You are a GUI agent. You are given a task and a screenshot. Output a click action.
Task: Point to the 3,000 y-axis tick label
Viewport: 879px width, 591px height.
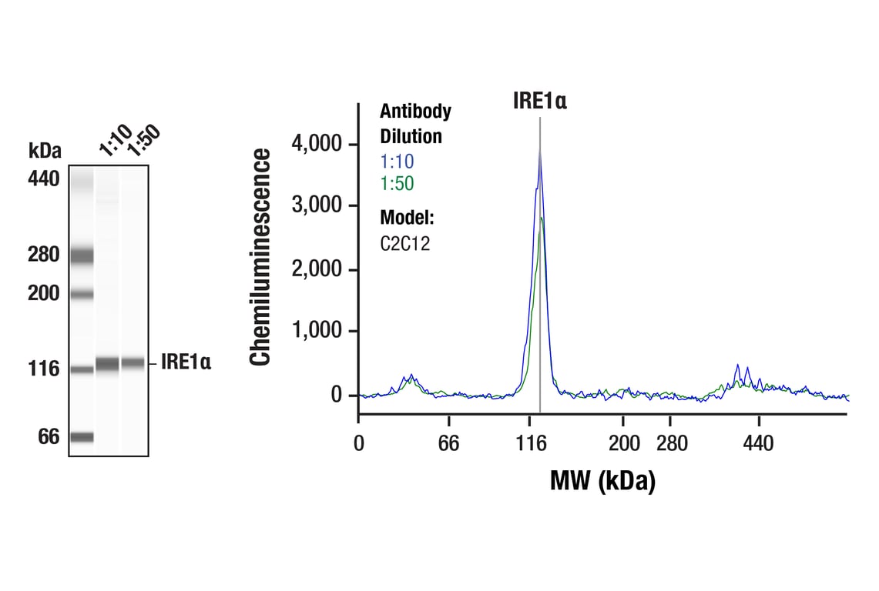click(319, 206)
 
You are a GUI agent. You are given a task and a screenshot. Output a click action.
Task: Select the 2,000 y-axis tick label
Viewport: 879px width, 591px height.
click(319, 270)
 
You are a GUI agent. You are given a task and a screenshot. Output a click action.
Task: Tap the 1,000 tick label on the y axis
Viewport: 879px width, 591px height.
click(319, 332)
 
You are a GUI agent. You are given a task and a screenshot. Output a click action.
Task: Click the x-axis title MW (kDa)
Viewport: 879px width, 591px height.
click(602, 482)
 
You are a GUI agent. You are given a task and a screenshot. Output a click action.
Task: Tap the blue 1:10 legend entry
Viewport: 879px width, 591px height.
click(398, 162)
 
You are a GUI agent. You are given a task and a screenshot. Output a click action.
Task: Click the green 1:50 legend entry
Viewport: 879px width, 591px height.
click(398, 185)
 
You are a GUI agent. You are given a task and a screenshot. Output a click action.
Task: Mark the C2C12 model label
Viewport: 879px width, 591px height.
click(404, 244)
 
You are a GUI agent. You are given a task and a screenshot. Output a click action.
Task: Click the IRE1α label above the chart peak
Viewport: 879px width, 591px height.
click(539, 101)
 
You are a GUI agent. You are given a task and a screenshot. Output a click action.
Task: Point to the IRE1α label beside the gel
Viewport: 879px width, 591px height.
click(186, 362)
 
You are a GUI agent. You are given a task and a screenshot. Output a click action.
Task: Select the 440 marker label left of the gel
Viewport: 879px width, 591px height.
click(44, 179)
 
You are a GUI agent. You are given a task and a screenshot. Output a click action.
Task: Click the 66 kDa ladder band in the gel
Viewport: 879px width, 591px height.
click(81, 437)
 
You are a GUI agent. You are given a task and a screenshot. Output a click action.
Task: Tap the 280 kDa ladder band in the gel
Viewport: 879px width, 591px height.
click(81, 255)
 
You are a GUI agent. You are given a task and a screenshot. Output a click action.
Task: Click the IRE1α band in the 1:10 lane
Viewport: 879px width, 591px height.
click(107, 364)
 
